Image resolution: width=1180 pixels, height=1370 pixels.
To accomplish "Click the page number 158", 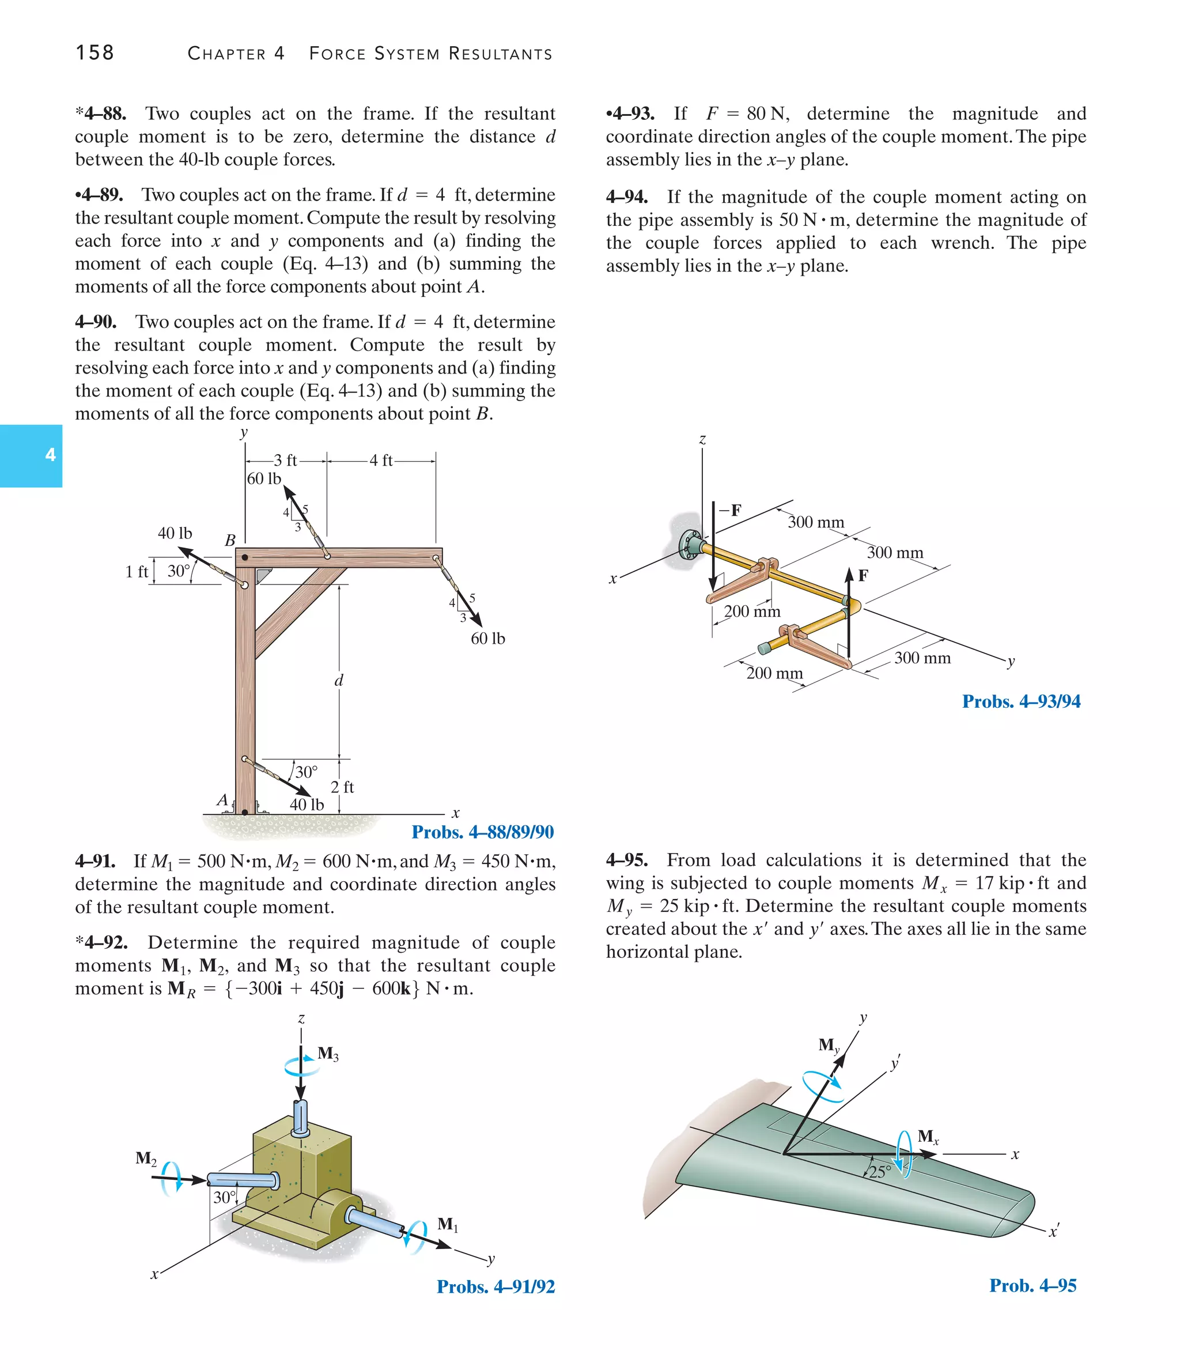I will coord(94,53).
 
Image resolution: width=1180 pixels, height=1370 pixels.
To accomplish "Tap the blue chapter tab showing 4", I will coord(32,455).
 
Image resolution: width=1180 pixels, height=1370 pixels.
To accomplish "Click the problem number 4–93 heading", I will coord(630,114).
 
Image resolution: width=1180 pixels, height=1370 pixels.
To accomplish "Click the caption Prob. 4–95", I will coord(1032,1285).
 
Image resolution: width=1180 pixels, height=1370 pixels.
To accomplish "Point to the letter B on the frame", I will coord(230,540).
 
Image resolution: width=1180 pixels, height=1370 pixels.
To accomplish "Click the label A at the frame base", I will coord(223,800).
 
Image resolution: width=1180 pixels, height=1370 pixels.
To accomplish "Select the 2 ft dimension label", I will coord(342,787).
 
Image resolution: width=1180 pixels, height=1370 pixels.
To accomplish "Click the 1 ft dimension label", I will coord(137,572).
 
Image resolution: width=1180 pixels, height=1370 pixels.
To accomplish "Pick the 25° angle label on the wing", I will coord(879,1172).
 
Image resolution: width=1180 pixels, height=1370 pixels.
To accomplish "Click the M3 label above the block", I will coord(328,1053).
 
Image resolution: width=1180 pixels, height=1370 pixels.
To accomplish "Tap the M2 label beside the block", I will coord(146,1158).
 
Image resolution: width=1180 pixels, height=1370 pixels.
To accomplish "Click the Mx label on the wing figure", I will coord(928,1137).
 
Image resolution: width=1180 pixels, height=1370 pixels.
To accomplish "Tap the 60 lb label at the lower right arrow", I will coord(487,639).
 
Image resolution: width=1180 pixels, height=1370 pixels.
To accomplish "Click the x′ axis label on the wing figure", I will coord(1054,1231).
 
